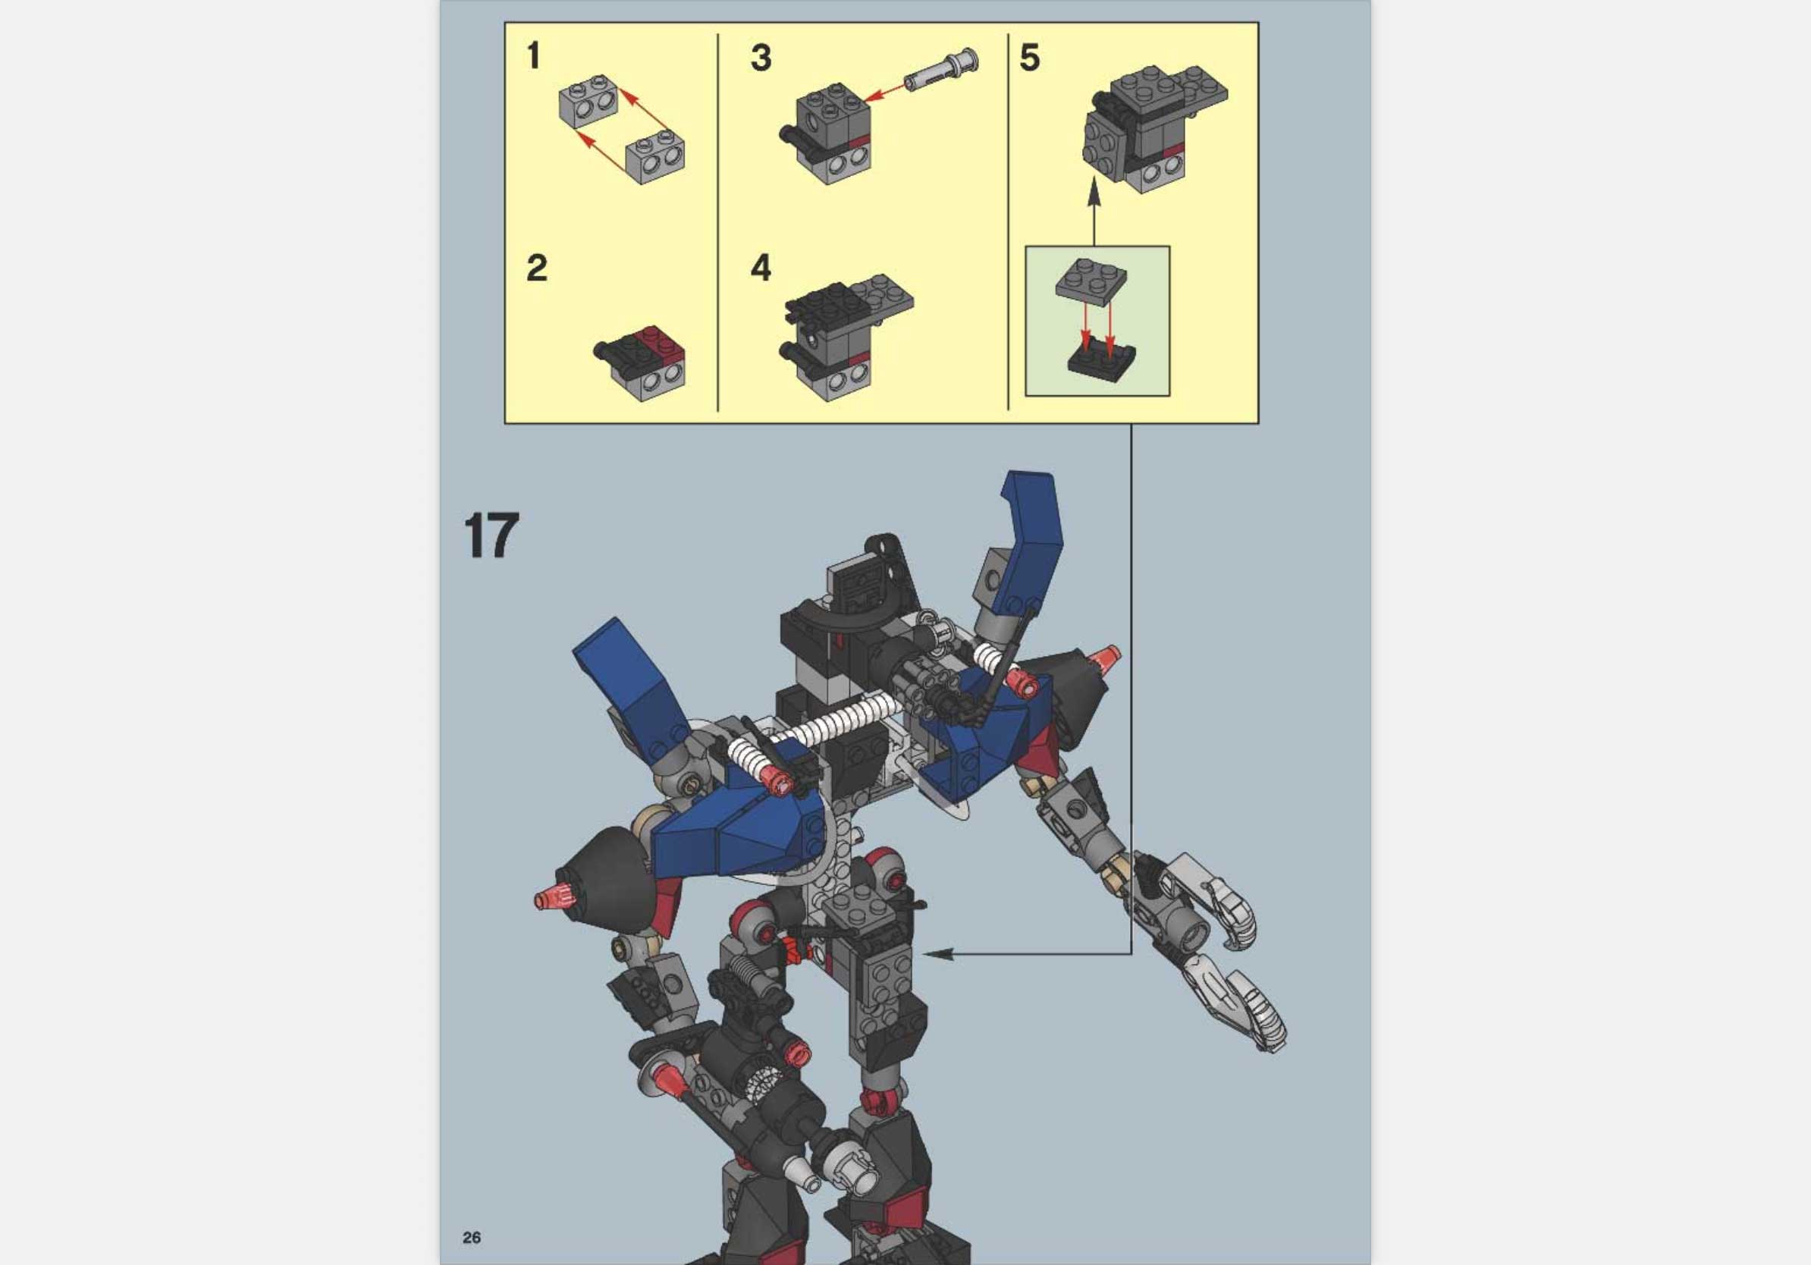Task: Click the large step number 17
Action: tap(491, 536)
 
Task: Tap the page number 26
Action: tap(472, 1238)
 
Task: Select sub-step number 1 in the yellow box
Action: tap(534, 56)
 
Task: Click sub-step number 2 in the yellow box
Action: tap(536, 268)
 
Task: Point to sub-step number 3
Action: tap(761, 58)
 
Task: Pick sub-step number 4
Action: tap(761, 268)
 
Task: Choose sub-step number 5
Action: tap(1029, 58)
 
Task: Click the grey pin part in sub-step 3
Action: tap(940, 70)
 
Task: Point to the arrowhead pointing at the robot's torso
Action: tap(934, 953)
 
